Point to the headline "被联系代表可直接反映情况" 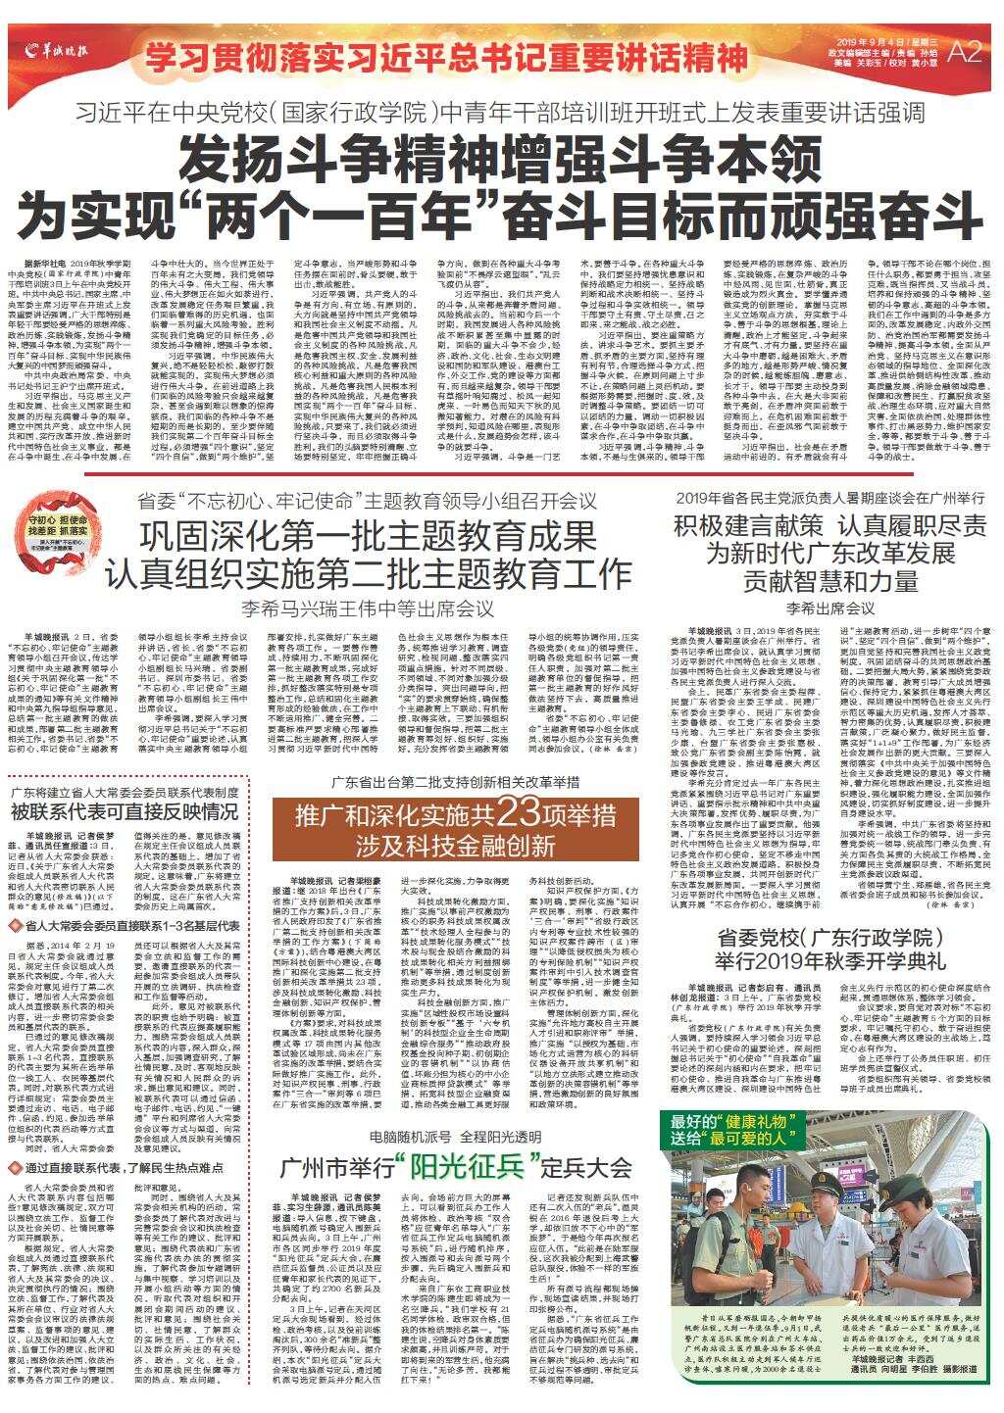pyautogui.click(x=126, y=811)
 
